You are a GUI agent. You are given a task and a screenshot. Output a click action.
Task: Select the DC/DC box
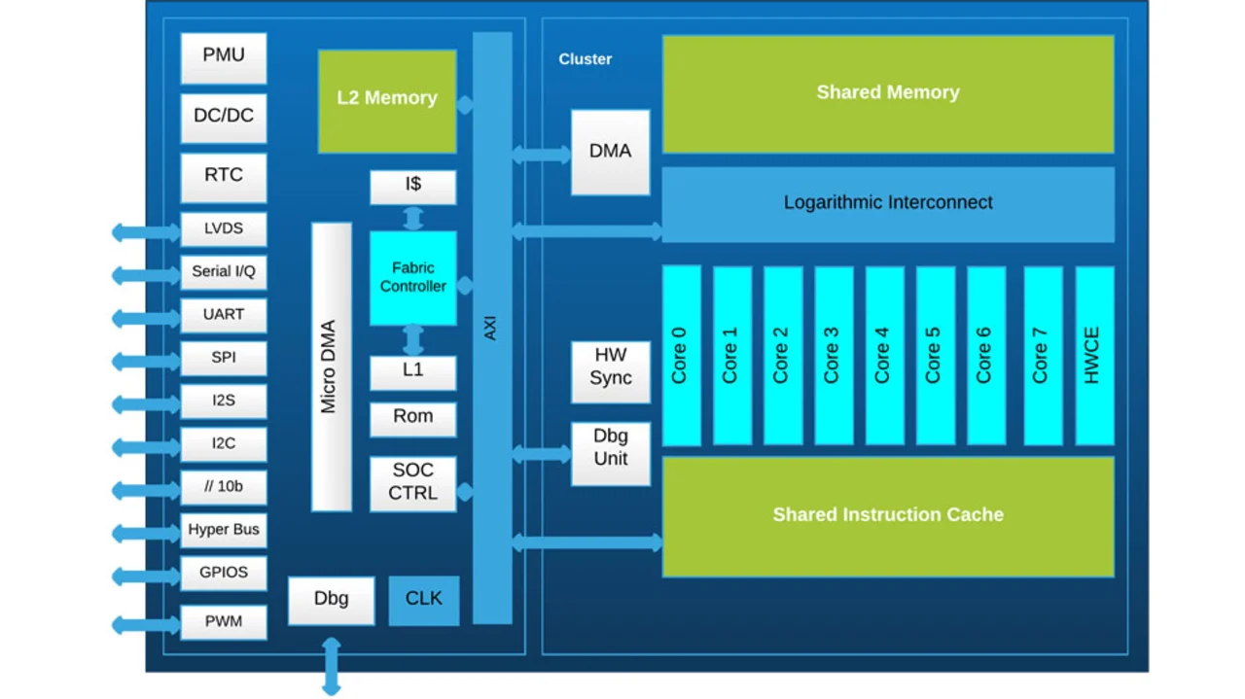[224, 117]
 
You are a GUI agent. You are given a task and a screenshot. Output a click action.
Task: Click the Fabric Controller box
[412, 278]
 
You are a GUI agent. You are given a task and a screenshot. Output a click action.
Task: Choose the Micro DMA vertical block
[331, 366]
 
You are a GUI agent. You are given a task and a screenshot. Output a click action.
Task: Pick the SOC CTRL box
[412, 482]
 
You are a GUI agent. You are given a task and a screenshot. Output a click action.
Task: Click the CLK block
[423, 599]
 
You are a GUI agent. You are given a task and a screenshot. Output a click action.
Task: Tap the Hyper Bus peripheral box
[224, 531]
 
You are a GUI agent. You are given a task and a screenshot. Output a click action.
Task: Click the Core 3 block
[833, 355]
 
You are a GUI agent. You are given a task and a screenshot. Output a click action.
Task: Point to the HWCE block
[1093, 355]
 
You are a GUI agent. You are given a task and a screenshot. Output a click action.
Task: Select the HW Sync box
[610, 367]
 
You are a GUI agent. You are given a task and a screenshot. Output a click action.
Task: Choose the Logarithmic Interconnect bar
[887, 203]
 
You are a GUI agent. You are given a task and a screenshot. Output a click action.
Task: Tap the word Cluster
[586, 59]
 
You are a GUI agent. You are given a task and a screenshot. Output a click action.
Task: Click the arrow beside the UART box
[146, 317]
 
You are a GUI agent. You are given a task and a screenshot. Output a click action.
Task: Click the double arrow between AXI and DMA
[541, 154]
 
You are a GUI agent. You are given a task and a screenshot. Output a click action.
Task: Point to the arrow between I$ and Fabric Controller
[413, 217]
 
